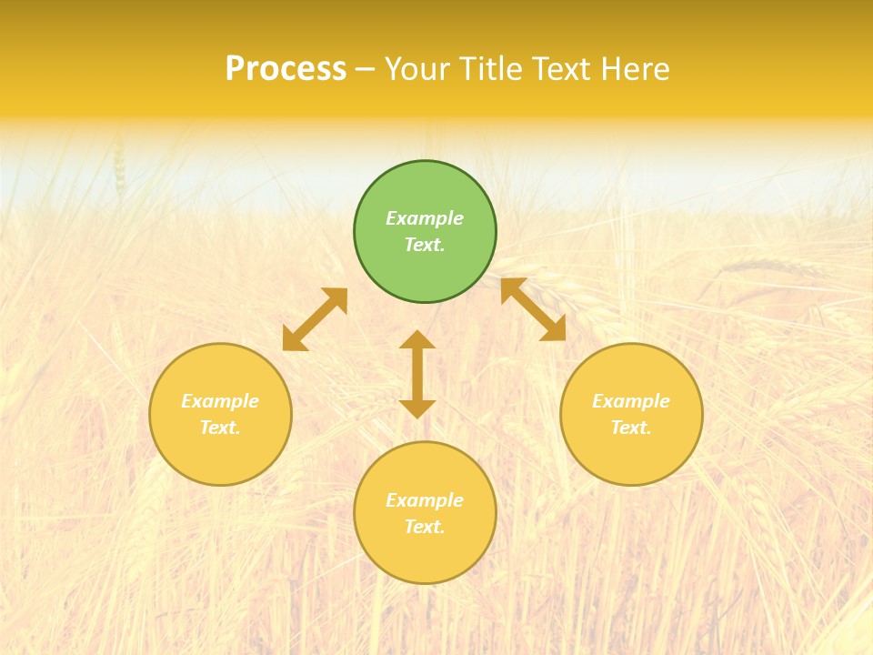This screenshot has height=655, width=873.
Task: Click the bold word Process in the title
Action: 286,69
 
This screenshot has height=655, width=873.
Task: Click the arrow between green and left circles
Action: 315,319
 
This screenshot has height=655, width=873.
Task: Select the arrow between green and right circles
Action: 533,309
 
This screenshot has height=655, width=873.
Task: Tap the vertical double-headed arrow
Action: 417,374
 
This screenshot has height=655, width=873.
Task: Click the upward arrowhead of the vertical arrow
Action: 417,339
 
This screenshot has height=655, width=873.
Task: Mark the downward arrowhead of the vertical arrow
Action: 417,408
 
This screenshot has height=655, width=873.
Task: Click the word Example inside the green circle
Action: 425,218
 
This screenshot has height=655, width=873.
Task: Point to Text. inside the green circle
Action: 425,245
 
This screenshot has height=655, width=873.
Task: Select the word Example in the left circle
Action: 220,401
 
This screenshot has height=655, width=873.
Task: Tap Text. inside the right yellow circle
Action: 631,428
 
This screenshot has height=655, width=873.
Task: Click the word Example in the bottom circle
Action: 425,500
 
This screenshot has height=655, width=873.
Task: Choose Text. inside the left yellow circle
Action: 220,428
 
